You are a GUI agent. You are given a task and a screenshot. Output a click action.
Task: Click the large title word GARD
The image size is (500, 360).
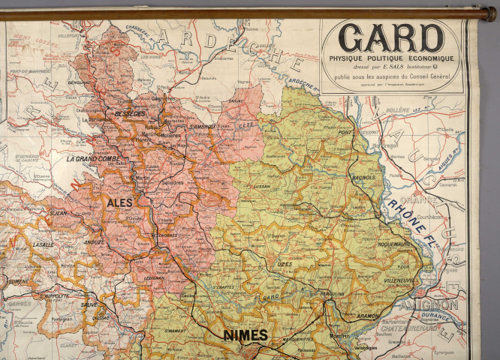390,38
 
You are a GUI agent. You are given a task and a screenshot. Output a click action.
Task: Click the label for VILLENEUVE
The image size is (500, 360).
399,280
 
